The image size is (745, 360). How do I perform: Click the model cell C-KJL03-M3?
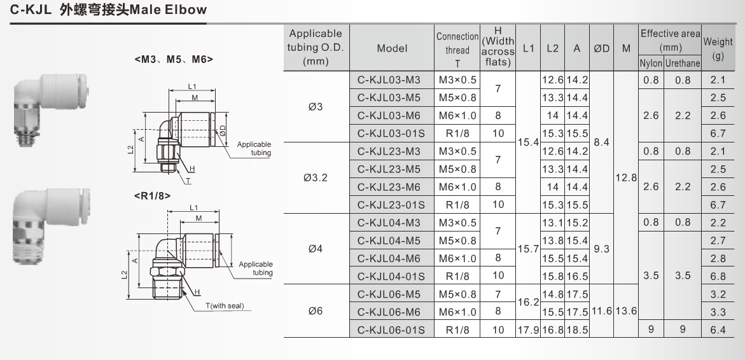pyautogui.click(x=389, y=80)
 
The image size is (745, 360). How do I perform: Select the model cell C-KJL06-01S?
pyautogui.click(x=389, y=329)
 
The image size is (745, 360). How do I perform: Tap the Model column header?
pyautogui.click(x=392, y=48)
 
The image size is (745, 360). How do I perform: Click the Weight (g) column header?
pyautogui.click(x=718, y=48)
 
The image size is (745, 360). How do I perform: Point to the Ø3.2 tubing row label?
pyautogui.click(x=316, y=177)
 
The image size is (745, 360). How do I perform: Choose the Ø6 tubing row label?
pyautogui.click(x=316, y=311)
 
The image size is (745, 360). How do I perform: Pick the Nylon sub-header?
pyautogui.click(x=651, y=64)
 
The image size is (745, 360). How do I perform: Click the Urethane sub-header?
pyautogui.click(x=682, y=64)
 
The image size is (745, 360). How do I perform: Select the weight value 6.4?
pyautogui.click(x=718, y=329)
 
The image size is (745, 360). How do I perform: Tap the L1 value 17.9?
pyautogui.click(x=528, y=329)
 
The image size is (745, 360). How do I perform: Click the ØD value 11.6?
pyautogui.click(x=601, y=311)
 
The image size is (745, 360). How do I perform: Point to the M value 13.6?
pyautogui.click(x=626, y=311)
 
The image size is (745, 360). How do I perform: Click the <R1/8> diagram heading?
pyautogui.click(x=152, y=196)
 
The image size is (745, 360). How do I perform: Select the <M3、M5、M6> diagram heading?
pyautogui.click(x=174, y=59)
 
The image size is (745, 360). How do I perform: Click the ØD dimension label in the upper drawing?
pyautogui.click(x=223, y=130)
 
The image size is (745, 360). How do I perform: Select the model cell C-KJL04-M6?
pyautogui.click(x=389, y=258)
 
